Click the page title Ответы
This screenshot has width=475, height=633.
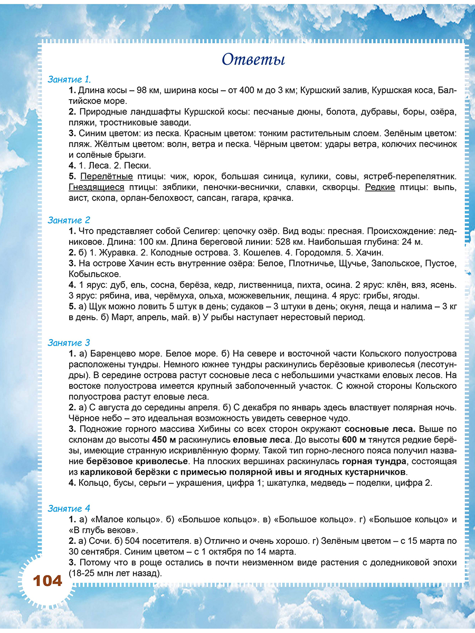click(253, 59)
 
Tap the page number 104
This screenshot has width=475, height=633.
click(47, 581)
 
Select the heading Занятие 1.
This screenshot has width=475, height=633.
click(69, 80)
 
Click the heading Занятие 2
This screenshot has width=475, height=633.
click(69, 220)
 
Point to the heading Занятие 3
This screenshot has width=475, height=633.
click(69, 343)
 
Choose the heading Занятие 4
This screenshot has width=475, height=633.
click(69, 509)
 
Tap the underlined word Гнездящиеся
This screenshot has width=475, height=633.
click(97, 188)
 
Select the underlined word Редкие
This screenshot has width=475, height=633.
click(380, 188)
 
